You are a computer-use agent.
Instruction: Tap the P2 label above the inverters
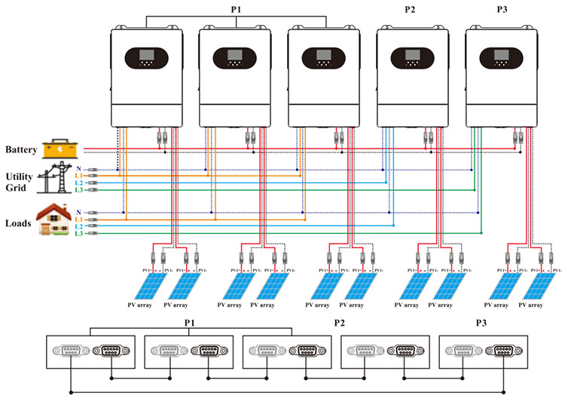click(411, 10)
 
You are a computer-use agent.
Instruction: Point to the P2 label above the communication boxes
click(341, 322)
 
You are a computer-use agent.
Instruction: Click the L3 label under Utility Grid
click(78, 191)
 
